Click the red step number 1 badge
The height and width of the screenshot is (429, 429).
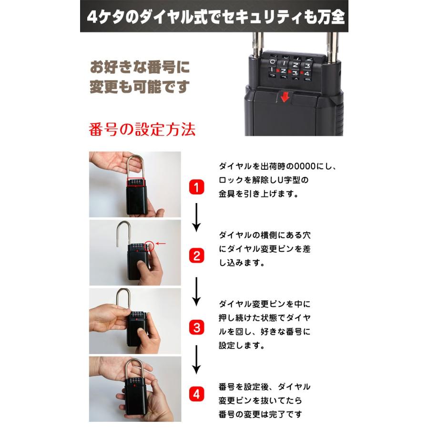point(197,187)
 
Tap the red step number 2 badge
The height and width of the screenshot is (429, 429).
point(197,256)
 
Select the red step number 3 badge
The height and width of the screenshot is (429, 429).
point(197,327)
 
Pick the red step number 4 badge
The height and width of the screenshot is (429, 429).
point(197,394)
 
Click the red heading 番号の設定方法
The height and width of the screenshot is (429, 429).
point(142,130)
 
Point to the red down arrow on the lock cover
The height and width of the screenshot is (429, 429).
point(285,97)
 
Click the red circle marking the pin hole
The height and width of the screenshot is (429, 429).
point(150,246)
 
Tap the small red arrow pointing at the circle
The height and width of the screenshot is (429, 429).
point(161,244)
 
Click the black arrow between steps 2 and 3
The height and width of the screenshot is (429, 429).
point(197,292)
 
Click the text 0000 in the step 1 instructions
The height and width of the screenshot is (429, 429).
point(305,167)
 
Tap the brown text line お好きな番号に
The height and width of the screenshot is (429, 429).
point(140,67)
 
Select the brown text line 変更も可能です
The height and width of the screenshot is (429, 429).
point(140,87)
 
